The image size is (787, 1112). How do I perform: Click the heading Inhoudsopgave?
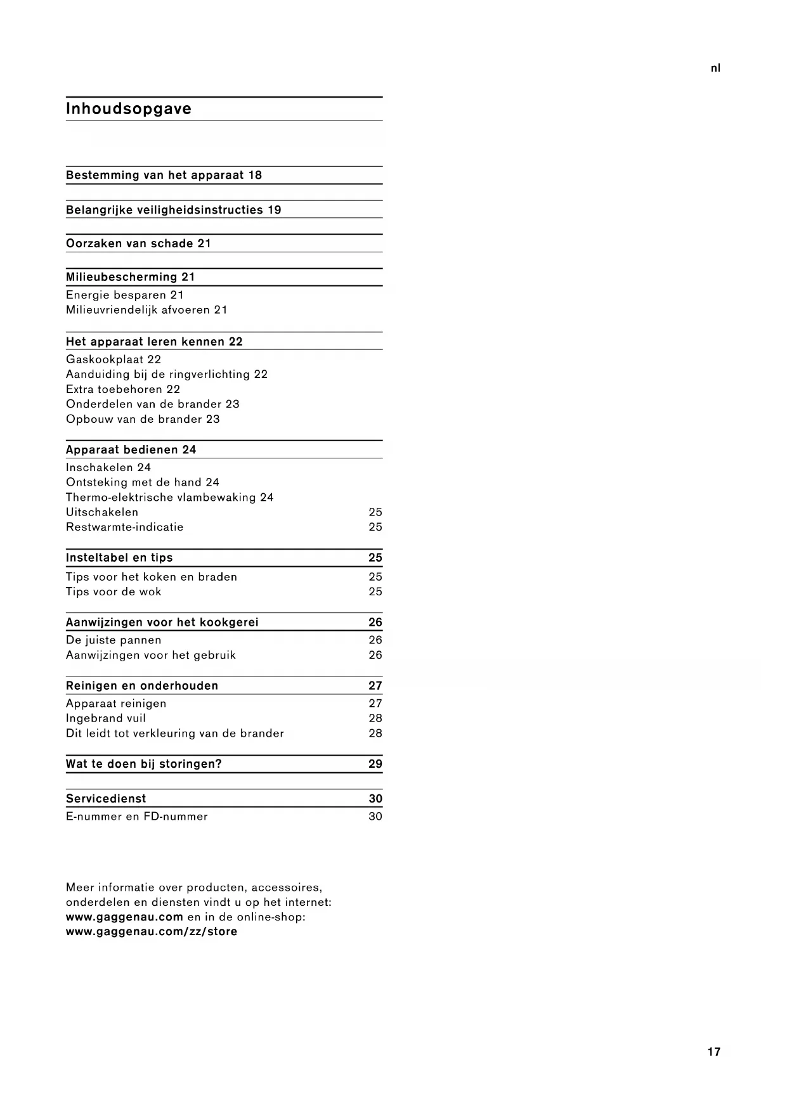point(129,109)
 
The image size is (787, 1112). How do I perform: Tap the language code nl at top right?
point(715,68)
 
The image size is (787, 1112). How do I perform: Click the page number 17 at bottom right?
point(714,1052)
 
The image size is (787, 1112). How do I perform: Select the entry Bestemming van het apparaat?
point(164,176)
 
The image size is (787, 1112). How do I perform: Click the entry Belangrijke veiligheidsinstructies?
point(173,210)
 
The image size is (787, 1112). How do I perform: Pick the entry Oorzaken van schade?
point(138,243)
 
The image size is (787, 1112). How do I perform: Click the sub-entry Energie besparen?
point(124,295)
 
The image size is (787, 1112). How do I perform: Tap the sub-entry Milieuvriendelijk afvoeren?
point(146,310)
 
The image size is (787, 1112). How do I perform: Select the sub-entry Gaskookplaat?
point(114,359)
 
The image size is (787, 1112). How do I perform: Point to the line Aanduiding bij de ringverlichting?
point(167,374)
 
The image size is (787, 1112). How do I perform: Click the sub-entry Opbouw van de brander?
point(143,419)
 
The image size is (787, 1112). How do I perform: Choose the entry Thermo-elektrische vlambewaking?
point(169,498)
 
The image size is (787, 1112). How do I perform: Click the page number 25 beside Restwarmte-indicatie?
point(375,527)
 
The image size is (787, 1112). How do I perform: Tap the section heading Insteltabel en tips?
point(119,558)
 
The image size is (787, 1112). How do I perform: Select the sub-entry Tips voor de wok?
point(114,592)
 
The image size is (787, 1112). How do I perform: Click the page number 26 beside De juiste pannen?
point(375,640)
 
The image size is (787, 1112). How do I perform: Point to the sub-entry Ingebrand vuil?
point(106,718)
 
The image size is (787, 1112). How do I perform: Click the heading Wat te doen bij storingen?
point(144,764)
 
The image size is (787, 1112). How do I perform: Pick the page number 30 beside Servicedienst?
point(375,799)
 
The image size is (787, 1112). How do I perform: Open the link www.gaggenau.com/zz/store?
point(152,932)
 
